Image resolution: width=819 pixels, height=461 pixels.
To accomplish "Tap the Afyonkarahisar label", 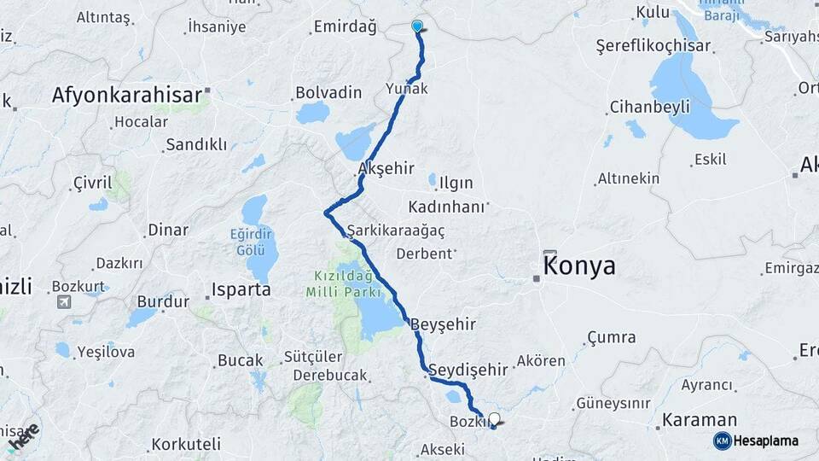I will coord(126,95).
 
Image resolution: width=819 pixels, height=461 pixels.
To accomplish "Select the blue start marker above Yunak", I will coord(416,26).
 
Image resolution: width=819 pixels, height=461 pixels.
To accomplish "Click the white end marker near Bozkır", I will coord(493,419).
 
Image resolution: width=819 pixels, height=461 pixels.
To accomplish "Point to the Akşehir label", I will coord(386,169).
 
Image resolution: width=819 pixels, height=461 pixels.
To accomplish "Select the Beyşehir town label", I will coord(443,324).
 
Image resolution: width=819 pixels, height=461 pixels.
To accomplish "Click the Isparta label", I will coord(241,289).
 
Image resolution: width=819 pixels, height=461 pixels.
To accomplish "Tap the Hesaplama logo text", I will coord(765,441).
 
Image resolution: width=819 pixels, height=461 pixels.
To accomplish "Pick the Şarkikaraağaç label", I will coord(396,230).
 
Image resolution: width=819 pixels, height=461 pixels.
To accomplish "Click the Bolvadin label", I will coord(328,92).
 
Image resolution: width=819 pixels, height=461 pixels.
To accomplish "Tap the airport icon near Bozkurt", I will coord(64,301).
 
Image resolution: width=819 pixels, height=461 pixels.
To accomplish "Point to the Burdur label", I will coord(162,301).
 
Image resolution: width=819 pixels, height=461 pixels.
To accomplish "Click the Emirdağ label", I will coord(345,27).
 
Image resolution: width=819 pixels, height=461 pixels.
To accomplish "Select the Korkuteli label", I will coord(186,444).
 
